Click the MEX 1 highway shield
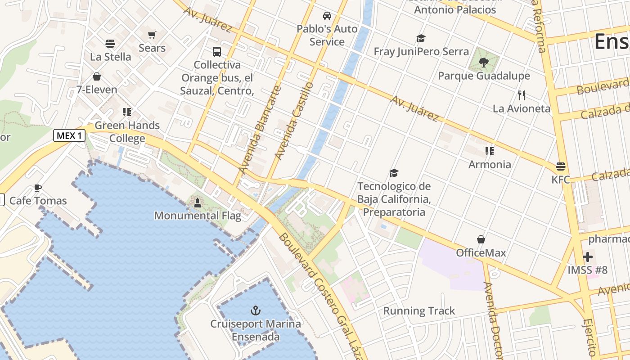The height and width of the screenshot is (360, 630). tap(69, 135)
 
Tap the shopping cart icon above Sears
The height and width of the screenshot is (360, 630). tap(152, 35)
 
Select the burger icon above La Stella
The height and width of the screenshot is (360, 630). tap(110, 44)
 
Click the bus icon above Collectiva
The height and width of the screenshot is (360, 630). tap(217, 51)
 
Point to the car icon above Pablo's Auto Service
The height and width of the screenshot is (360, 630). tap(327, 16)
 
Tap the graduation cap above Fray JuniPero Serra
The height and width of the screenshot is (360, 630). tap(421, 39)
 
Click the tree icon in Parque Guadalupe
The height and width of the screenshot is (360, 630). tap(484, 63)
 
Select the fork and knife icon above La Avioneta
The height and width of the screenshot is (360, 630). tap(522, 95)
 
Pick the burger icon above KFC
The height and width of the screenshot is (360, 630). tap(560, 166)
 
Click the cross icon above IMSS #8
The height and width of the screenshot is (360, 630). tap(588, 257)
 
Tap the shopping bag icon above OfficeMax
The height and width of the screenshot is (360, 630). tap(481, 239)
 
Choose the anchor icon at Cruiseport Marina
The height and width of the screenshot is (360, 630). tap(256, 310)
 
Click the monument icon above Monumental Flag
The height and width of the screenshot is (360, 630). tap(197, 203)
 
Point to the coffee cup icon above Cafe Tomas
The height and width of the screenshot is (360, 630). tap(38, 188)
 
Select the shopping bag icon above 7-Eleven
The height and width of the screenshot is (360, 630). tap(97, 76)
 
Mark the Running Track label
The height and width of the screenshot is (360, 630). tap(419, 311)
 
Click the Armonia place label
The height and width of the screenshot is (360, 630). tap(490, 165)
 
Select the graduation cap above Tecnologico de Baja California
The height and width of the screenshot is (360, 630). tap(394, 173)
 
